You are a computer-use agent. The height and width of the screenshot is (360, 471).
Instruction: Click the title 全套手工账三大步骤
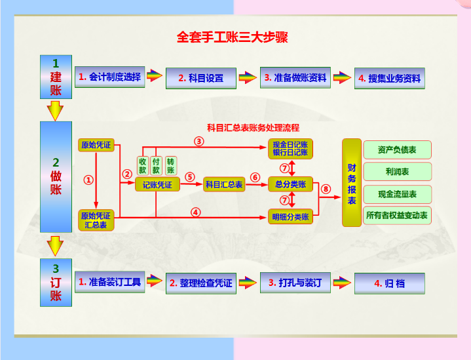tap(233, 37)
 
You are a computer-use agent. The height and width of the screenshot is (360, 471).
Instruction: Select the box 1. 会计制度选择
tap(109, 77)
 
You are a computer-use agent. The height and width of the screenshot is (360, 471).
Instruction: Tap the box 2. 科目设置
tap(201, 78)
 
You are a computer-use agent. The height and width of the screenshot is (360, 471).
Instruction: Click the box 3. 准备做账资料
tap(295, 77)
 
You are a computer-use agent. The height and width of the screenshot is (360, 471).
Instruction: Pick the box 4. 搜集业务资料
tap(389, 79)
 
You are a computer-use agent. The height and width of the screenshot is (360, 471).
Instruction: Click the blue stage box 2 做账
tap(56, 176)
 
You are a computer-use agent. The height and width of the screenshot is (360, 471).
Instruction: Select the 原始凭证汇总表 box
tap(96, 220)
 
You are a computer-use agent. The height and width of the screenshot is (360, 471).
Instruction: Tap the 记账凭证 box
tap(157, 185)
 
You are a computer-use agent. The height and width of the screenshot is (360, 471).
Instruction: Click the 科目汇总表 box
tap(224, 185)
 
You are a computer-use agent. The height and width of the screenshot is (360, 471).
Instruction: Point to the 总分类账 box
tap(290, 184)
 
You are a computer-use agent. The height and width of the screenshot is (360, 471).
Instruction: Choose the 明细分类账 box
tap(290, 216)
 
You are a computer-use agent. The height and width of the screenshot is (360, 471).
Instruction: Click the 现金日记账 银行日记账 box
tap(290, 149)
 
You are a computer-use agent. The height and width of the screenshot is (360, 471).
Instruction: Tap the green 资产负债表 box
tap(396, 150)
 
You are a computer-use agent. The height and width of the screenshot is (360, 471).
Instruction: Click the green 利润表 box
tap(396, 172)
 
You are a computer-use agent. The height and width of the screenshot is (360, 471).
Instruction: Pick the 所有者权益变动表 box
tap(396, 215)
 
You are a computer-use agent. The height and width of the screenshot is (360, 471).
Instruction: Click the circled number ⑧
tap(326, 190)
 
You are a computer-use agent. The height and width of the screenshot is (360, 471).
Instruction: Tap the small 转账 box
tap(170, 165)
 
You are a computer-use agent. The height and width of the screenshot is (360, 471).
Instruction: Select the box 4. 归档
tap(389, 283)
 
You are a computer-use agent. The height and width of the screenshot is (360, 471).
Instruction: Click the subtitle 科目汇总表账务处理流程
tap(253, 127)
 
